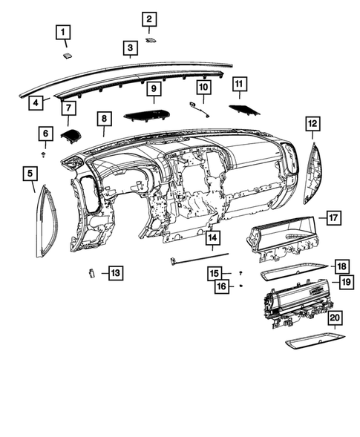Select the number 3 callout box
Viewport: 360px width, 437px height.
(x=130, y=50)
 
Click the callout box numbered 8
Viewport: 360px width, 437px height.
(x=105, y=119)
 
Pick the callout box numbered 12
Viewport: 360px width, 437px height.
(x=312, y=123)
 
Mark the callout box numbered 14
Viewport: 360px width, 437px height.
(x=212, y=238)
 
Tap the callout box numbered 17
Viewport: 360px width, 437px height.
(x=333, y=218)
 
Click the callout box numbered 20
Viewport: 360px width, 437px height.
(x=336, y=318)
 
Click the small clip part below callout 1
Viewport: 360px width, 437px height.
(x=67, y=54)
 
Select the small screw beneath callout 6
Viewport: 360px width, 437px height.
(x=46, y=155)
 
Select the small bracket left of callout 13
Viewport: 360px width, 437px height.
(x=90, y=272)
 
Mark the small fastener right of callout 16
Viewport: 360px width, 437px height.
(x=242, y=285)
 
